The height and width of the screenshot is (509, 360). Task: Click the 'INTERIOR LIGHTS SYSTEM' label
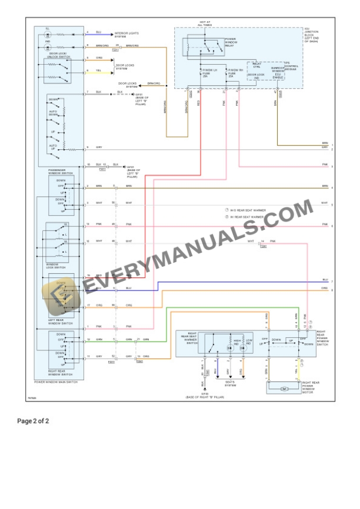point(125,35)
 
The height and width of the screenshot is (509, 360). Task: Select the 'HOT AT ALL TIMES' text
point(204,23)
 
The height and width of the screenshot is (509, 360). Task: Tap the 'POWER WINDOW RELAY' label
point(231,42)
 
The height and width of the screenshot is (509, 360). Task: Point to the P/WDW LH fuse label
point(211,73)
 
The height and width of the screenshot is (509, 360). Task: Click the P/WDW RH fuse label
point(235,73)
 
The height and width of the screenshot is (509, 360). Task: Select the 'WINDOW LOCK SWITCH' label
point(57,266)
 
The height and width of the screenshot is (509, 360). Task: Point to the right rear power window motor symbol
point(283,389)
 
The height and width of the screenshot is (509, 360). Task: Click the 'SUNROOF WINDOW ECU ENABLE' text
point(278,73)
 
